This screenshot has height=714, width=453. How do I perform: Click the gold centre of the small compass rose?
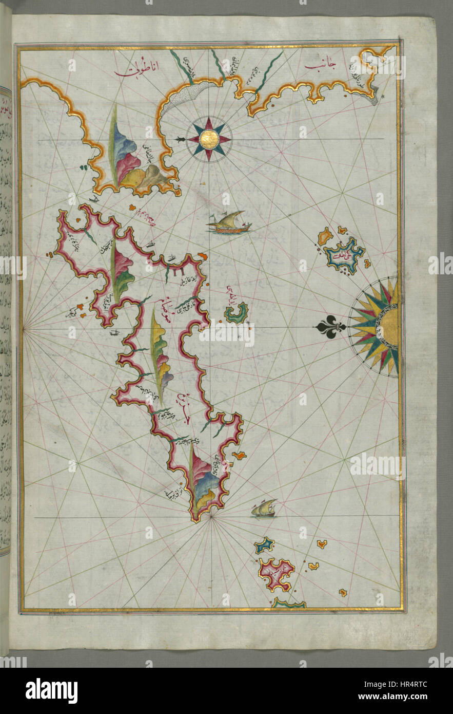click(x=209, y=139)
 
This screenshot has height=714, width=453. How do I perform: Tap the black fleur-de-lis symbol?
click(x=329, y=327)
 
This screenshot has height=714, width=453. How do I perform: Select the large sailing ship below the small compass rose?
click(x=229, y=222)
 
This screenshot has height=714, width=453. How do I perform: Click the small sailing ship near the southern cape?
click(x=264, y=509)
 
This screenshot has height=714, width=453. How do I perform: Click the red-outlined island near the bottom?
click(x=277, y=573)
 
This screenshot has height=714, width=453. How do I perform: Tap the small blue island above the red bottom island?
click(x=264, y=546)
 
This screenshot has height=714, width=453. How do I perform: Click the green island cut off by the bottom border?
click(x=289, y=604)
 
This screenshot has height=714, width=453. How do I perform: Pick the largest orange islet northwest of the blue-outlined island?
click(x=325, y=237)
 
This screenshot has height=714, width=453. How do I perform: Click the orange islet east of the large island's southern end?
click(x=239, y=455)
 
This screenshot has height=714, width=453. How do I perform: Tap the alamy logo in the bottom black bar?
click(x=51, y=691)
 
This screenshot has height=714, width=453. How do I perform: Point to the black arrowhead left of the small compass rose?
click(x=179, y=139)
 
